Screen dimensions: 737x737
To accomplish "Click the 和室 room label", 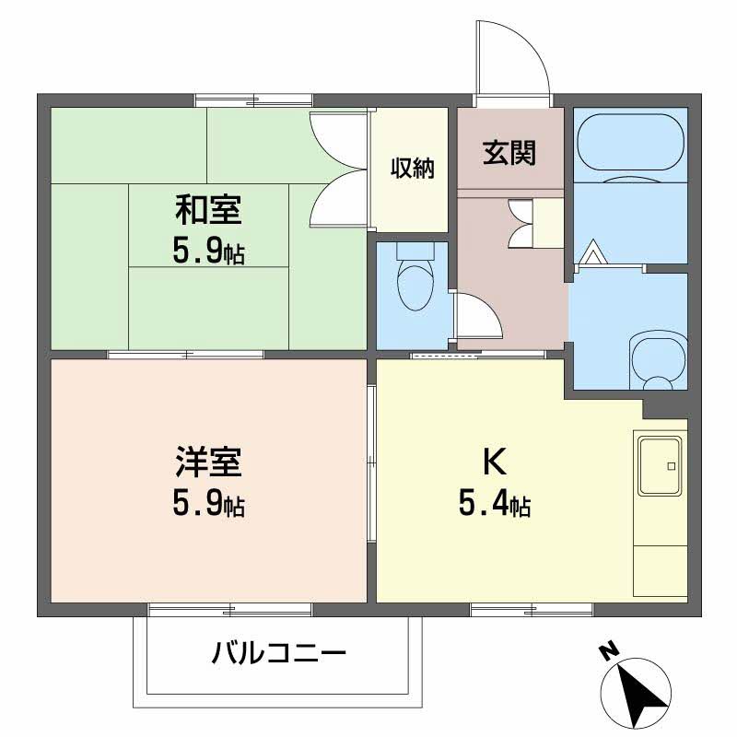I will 208,211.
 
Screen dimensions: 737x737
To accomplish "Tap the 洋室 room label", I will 208,461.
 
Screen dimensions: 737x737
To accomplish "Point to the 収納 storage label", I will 412,168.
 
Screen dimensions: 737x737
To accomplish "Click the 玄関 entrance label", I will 509,152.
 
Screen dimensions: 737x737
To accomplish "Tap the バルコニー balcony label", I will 279,655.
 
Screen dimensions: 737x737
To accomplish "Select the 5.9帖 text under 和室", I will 208,252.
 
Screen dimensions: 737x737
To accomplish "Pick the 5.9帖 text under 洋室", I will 208,504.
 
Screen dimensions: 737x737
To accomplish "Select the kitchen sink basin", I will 660,466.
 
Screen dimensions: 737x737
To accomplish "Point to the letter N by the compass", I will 607,651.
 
